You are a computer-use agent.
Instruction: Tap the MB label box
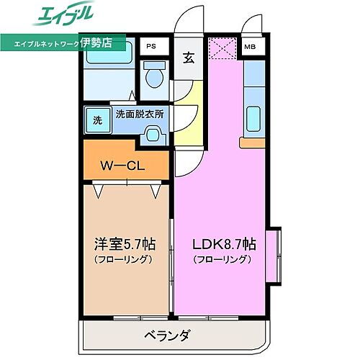pyautogui.click(x=249, y=48)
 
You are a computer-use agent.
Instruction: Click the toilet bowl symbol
pyautogui.click(x=151, y=75)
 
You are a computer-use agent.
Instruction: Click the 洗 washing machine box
pyautogui.click(x=96, y=120)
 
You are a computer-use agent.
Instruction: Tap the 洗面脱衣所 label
pyautogui.click(x=140, y=113)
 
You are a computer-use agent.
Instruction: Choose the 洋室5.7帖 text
pyautogui.click(x=121, y=244)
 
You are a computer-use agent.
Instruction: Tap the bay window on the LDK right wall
pyautogui.click(x=274, y=257)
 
